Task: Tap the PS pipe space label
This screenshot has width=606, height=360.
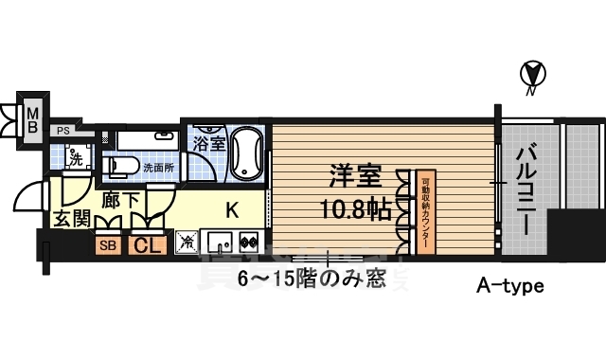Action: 62,131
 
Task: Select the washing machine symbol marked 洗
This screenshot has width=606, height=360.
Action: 75,153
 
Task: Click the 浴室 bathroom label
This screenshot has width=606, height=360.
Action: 208,144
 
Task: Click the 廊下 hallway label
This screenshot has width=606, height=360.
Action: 119,201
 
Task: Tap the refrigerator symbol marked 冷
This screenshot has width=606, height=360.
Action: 187,243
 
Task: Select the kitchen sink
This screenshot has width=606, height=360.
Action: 221,243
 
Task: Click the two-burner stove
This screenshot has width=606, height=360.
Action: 249,243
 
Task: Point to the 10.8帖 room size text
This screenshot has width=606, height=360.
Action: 358,209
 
